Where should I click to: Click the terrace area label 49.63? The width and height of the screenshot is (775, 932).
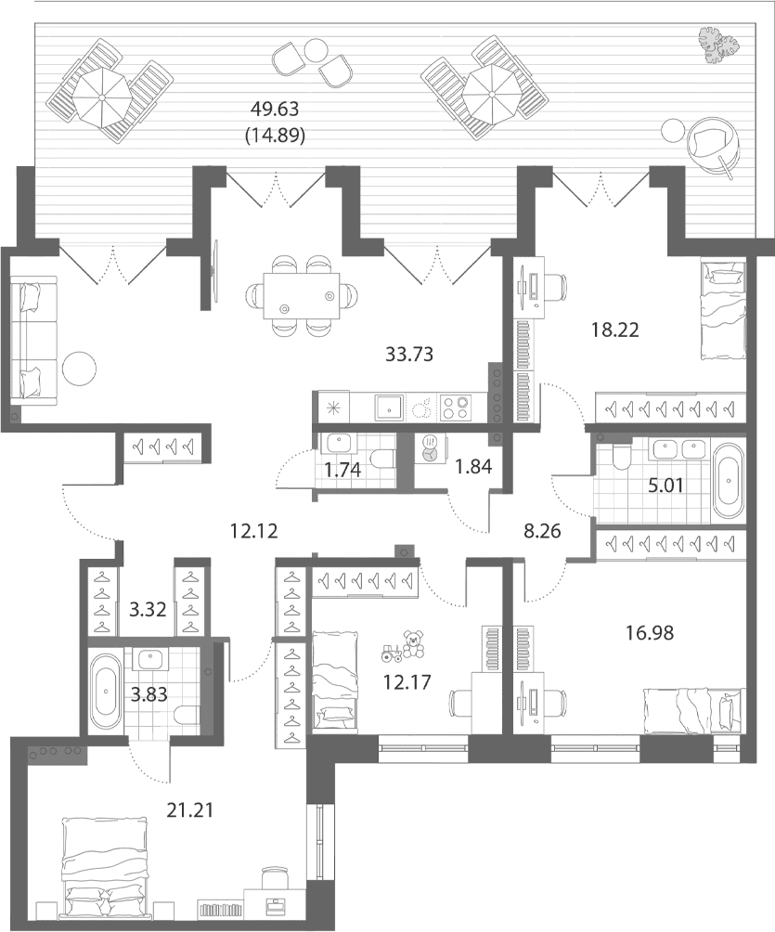pos(274,110)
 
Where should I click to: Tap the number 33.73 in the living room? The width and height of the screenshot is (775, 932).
pos(409,355)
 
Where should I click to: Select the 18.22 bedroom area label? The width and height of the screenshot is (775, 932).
pos(615,330)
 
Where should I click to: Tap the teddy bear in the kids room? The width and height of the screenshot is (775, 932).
pos(413,644)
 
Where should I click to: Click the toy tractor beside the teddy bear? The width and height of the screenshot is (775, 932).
pos(392,654)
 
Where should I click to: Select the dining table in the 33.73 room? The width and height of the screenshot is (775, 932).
pos(302,295)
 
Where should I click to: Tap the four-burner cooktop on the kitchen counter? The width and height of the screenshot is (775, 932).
pos(455,408)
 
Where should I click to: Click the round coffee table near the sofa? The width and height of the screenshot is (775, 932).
pos(80,369)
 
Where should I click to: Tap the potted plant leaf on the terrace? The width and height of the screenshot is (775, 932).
pos(718,45)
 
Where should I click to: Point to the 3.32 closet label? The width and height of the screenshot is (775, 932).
pos(147,610)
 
